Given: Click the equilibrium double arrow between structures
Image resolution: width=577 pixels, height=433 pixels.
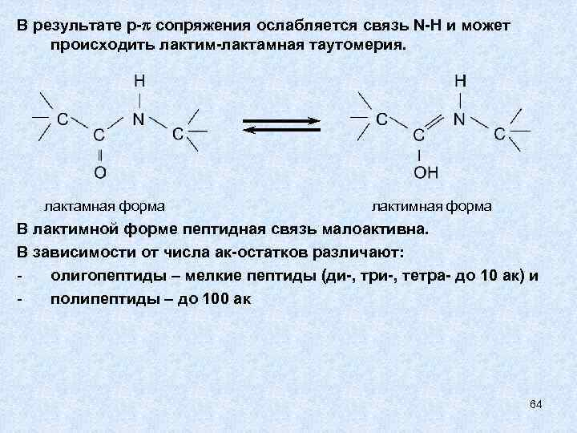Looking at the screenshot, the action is [x=281, y=126].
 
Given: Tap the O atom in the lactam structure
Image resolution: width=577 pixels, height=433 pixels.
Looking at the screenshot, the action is [x=100, y=172].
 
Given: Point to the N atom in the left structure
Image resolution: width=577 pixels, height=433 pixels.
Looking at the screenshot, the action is [x=139, y=119].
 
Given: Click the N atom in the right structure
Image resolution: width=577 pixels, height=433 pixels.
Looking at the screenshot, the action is [x=459, y=119].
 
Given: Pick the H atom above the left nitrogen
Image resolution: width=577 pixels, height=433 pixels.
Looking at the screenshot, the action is [x=139, y=82].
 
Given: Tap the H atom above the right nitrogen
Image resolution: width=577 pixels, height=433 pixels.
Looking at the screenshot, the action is [x=460, y=82].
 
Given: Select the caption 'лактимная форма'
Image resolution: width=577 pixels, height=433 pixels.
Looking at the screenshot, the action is [x=432, y=206].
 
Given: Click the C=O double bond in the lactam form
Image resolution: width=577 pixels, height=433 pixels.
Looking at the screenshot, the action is [x=100, y=152].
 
